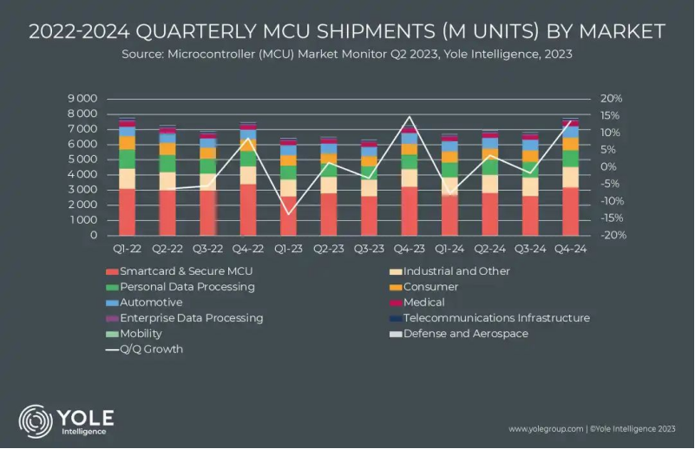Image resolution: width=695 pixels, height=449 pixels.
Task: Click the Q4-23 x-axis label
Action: pos(408,249)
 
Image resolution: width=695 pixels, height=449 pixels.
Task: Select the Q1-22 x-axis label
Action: pos(127,249)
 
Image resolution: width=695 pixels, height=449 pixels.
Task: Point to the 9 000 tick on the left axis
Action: pos(82,99)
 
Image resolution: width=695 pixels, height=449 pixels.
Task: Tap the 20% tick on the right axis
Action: pos(611,99)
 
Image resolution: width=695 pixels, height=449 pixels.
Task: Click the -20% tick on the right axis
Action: pos(611,235)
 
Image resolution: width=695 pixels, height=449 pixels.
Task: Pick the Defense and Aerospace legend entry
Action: pos(465,334)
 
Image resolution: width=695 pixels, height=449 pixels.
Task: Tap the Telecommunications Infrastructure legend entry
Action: pos(496,318)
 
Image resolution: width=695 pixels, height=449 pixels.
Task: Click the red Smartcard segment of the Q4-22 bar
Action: pos(248,209)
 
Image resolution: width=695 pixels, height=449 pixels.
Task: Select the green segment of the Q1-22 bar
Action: pos(127,159)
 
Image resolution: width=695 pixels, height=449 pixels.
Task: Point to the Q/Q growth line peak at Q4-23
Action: pos(409,117)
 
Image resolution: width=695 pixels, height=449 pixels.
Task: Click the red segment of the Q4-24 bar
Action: pos(570,211)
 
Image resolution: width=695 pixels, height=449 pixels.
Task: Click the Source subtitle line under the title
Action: pos(347,55)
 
